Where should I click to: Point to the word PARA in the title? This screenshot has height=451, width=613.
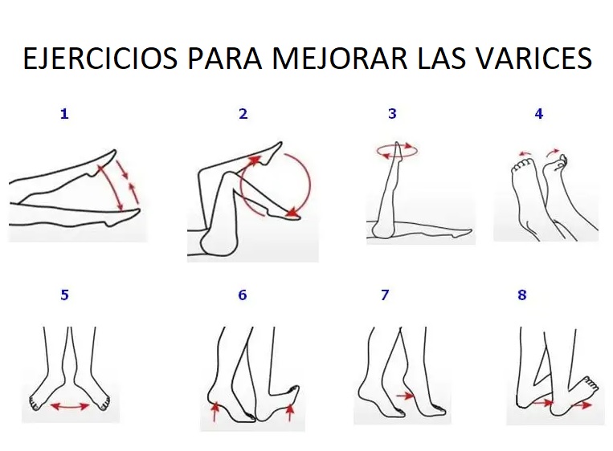click(x=223, y=59)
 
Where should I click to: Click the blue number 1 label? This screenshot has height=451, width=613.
click(x=64, y=114)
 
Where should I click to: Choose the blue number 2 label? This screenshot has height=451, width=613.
click(x=243, y=114)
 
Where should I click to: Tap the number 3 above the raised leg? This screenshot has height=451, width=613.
click(x=392, y=114)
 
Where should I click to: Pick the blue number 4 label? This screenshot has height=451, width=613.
click(x=538, y=114)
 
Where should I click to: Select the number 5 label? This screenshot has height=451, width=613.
click(x=64, y=295)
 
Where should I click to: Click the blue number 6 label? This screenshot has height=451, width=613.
click(x=243, y=295)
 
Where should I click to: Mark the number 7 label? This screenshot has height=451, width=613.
click(x=385, y=295)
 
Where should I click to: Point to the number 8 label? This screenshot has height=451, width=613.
click(x=522, y=295)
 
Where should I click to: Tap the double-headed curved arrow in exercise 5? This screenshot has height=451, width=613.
click(x=70, y=407)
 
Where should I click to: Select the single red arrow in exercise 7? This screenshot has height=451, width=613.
click(x=405, y=396)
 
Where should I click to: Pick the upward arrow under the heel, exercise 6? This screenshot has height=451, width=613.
click(x=215, y=412)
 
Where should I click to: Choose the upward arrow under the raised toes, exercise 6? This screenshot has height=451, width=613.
click(x=290, y=412)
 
